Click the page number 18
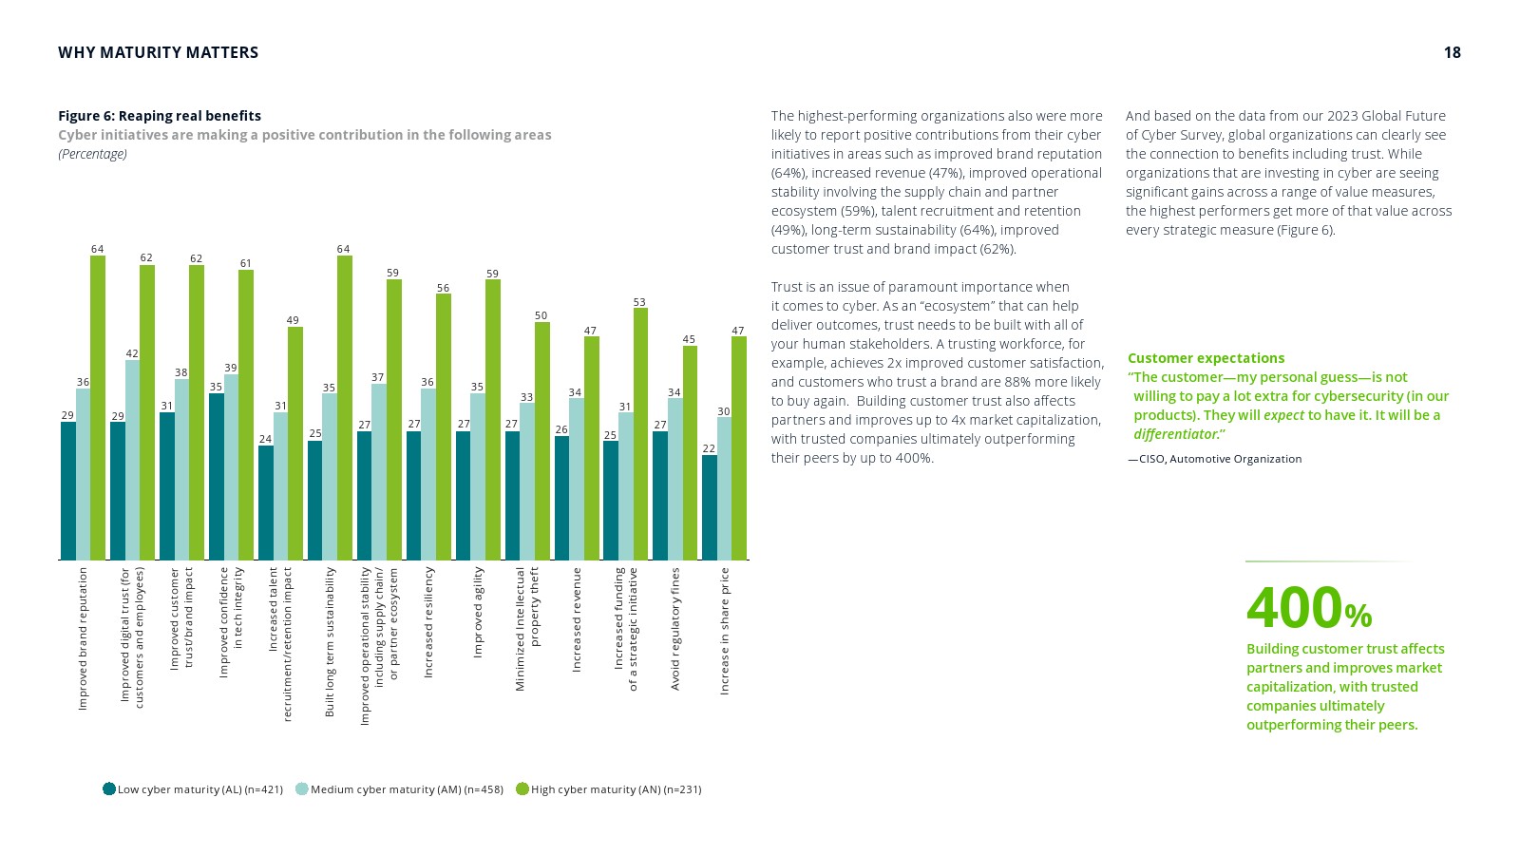tap(1452, 53)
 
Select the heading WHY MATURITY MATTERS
tap(158, 53)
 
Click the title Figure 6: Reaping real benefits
tap(160, 116)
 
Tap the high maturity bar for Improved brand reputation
tap(98, 408)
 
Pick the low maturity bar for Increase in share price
tap(709, 508)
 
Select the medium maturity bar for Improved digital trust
tap(132, 461)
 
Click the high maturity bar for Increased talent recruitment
tap(295, 444)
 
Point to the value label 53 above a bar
tap(639, 302)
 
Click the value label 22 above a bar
tap(709, 448)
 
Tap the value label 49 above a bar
tap(294, 321)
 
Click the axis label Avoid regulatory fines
tap(675, 629)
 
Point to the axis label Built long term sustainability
tap(330, 641)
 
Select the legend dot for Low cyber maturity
tap(109, 788)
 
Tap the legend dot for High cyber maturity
tap(522, 788)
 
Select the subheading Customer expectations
tap(1206, 358)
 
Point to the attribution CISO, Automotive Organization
tap(1215, 459)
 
